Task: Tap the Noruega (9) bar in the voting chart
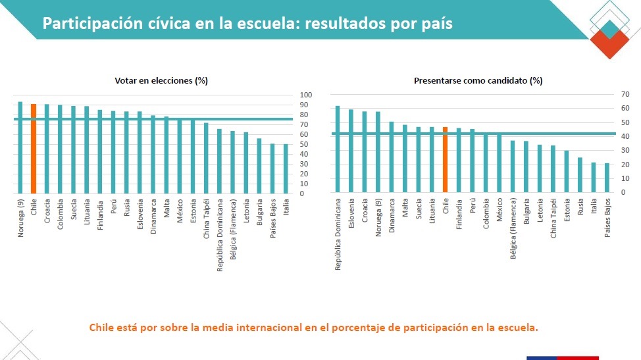pyautogui.click(x=20, y=148)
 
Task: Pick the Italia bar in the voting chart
pyautogui.click(x=286, y=169)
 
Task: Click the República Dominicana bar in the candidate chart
pyautogui.click(x=338, y=149)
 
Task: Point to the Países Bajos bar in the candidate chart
pyautogui.click(x=607, y=178)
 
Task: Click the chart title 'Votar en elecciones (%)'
pyautogui.click(x=161, y=81)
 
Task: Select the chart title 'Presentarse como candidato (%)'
pyautogui.click(x=478, y=81)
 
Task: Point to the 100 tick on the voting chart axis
pyautogui.click(x=306, y=94)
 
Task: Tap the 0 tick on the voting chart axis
pyautogui.click(x=302, y=193)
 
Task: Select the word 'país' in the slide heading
pyautogui.click(x=436, y=24)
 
